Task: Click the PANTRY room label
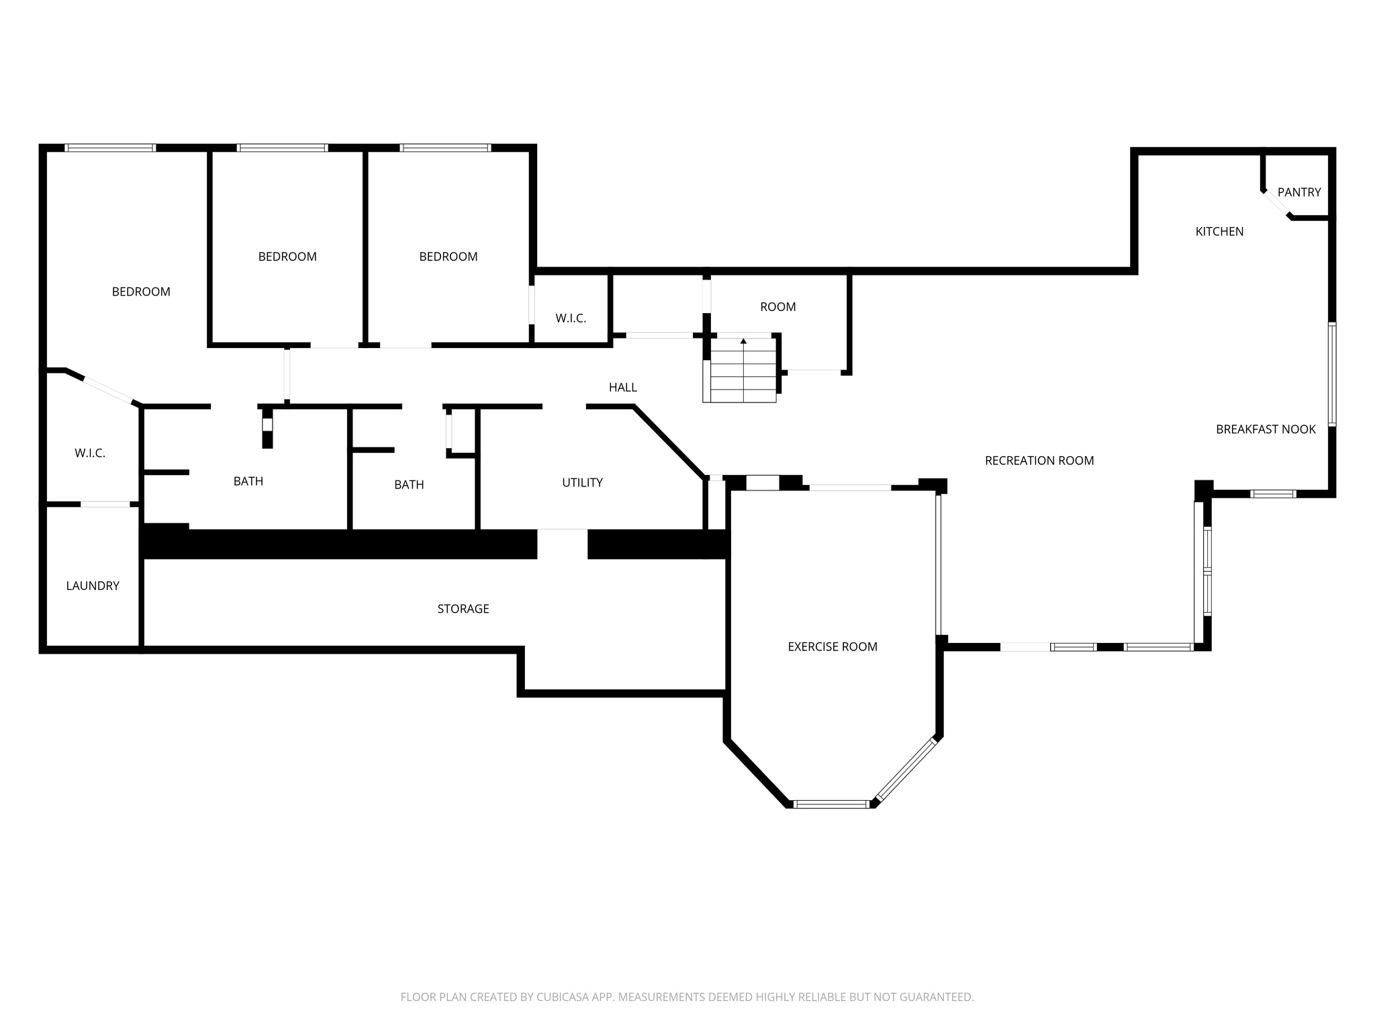(x=1299, y=192)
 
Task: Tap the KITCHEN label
(x=1219, y=232)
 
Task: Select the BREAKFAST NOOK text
(x=1266, y=429)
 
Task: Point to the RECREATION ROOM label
(x=1039, y=461)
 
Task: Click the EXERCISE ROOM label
(x=832, y=647)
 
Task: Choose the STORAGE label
(x=463, y=609)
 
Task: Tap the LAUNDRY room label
(x=93, y=586)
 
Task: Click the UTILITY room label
(x=582, y=482)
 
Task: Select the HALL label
(x=622, y=388)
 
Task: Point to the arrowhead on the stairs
(x=743, y=341)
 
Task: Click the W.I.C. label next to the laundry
(x=90, y=454)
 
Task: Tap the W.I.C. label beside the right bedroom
(x=571, y=318)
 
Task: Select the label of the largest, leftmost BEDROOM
(x=141, y=292)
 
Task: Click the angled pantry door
(x=1276, y=205)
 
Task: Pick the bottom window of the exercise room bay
(x=831, y=804)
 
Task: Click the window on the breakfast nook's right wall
(x=1332, y=374)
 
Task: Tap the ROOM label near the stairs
(x=777, y=307)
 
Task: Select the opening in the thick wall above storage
(x=562, y=544)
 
